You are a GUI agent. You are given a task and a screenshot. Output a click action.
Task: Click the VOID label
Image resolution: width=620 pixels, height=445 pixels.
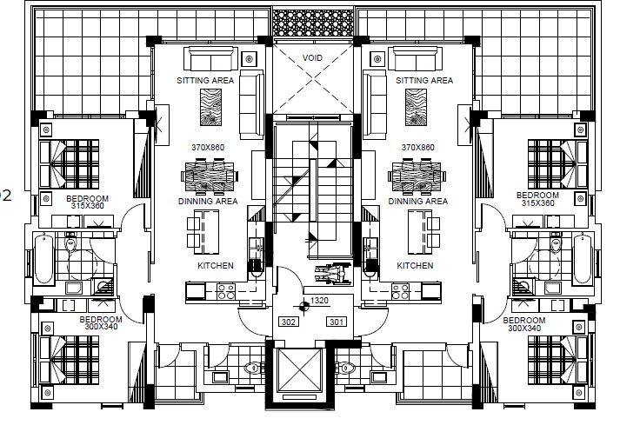click(x=312, y=58)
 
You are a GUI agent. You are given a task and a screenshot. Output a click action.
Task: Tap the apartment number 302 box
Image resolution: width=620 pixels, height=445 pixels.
click(x=288, y=322)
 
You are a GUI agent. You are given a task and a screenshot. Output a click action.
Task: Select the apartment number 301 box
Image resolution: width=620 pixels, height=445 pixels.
click(x=337, y=322)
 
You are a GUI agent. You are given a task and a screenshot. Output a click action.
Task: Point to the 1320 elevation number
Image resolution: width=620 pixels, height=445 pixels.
click(x=319, y=301)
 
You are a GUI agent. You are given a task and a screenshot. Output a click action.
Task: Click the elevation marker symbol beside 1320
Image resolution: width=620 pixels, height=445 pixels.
click(x=303, y=306)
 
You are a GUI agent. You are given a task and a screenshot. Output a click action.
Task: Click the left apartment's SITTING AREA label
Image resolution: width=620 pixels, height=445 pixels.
click(x=205, y=81)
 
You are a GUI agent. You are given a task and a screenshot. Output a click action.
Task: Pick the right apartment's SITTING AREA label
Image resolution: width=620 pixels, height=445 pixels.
click(x=424, y=81)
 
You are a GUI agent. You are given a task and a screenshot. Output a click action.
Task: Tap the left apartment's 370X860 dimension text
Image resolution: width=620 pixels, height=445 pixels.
click(x=208, y=148)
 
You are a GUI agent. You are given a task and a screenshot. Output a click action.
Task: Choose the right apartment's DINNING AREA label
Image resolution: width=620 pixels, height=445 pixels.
click(x=418, y=202)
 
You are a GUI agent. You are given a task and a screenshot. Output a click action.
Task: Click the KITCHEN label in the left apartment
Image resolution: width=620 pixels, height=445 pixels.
click(x=216, y=266)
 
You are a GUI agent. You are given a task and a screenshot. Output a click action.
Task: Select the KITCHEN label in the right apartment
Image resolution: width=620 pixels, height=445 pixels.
click(x=415, y=266)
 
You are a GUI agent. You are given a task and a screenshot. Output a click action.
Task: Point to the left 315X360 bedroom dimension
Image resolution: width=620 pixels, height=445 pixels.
click(x=87, y=206)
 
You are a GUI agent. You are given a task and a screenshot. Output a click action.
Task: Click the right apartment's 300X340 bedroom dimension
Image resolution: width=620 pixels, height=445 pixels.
click(x=524, y=329)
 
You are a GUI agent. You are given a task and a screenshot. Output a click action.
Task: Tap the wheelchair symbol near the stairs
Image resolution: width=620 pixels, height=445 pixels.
click(x=333, y=273)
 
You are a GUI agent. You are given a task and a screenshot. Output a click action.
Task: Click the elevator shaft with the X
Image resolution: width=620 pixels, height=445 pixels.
click(x=300, y=369)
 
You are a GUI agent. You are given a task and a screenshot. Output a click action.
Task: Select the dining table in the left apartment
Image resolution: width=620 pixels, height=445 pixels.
click(x=210, y=176)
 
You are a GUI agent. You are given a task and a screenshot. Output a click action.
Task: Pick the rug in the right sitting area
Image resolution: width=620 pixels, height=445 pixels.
click(x=416, y=108)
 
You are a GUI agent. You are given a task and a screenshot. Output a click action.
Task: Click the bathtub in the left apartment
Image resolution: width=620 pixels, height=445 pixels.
click(x=43, y=259)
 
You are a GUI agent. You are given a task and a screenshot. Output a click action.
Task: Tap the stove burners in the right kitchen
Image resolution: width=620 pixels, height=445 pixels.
click(x=400, y=291)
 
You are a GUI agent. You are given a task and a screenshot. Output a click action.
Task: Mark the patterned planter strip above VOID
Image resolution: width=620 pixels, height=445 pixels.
click(x=313, y=23)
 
